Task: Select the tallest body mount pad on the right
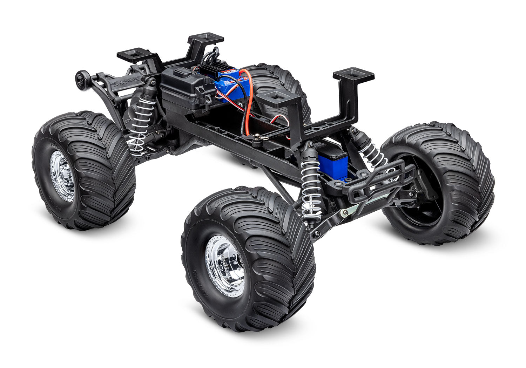coord(353,75)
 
